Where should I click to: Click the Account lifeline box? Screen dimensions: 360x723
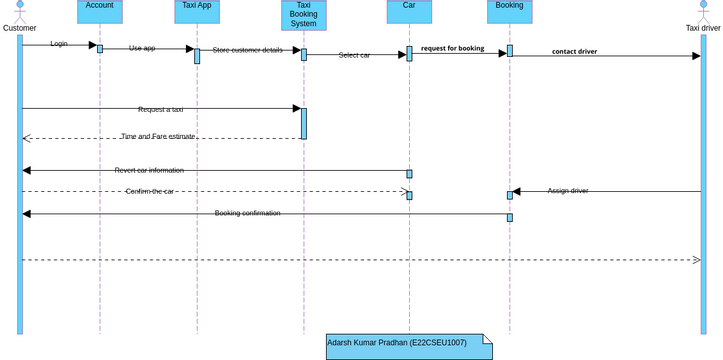100,11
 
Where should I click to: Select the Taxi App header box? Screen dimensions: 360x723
197,11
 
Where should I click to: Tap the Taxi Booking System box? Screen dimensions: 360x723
304,15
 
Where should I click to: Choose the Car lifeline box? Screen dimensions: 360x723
409,11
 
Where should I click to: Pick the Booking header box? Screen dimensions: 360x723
510,11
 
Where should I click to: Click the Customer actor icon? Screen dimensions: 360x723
19,10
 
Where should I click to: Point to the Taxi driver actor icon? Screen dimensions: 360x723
703,10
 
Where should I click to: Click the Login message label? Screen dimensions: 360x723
59,44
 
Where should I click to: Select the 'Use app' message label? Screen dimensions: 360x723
142,48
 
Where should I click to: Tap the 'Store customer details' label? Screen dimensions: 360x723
247,50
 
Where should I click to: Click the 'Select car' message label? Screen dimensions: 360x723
354,55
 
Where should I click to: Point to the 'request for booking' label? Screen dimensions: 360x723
452,48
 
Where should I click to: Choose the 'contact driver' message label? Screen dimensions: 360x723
574,52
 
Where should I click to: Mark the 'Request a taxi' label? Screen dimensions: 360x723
160,109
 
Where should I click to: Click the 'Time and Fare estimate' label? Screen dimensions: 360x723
158,137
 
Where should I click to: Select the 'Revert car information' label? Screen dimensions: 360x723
149,171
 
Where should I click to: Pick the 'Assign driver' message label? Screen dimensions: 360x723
567,191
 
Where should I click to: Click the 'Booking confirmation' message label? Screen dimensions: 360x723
247,213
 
